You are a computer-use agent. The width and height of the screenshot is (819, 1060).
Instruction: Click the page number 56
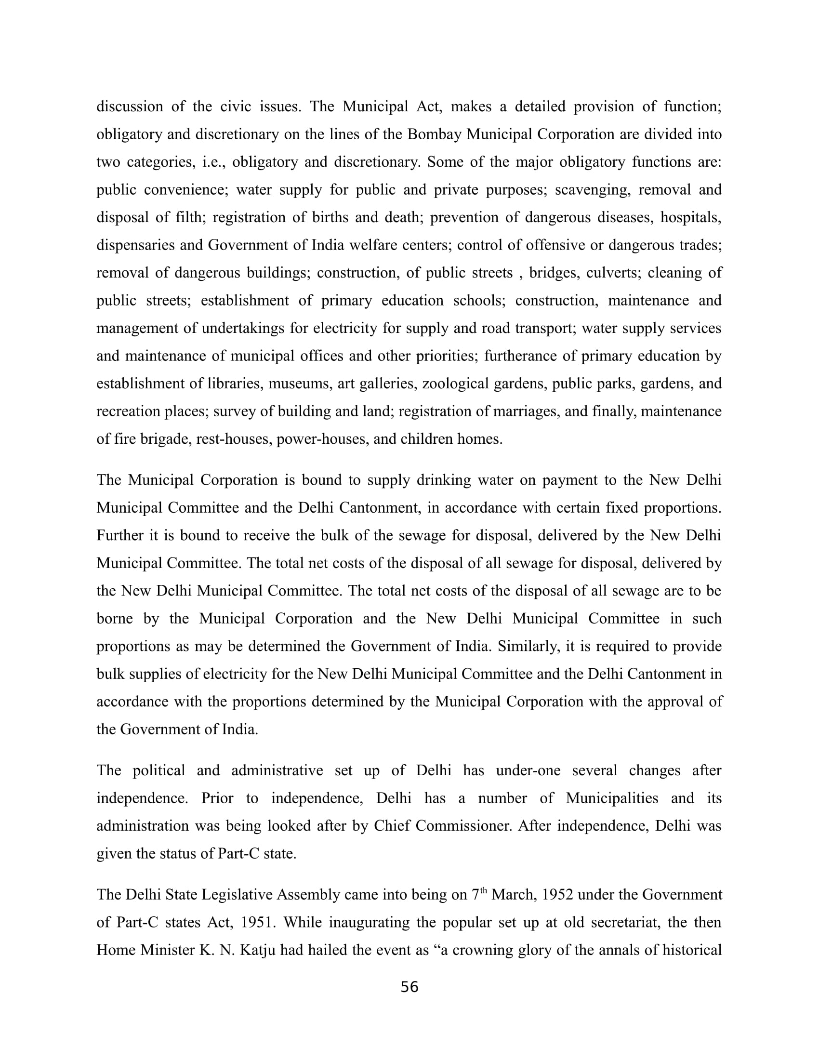[x=409, y=987]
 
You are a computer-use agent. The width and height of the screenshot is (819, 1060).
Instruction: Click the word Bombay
[x=434, y=134]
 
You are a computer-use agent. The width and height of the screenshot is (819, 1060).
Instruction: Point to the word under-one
[x=528, y=771]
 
